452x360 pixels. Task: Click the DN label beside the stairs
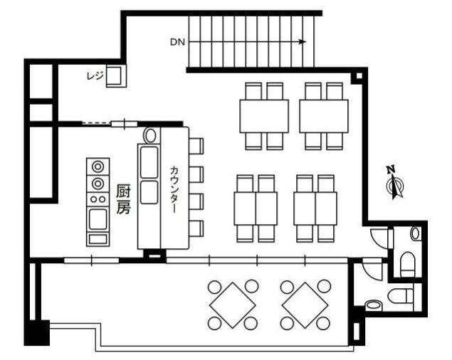point(177,43)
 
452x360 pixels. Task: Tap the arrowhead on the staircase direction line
point(303,42)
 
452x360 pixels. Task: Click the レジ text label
point(95,76)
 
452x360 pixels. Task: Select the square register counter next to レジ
point(116,76)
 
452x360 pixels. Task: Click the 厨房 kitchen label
point(123,199)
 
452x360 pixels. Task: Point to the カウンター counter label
point(174,189)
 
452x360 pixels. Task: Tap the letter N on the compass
point(391,169)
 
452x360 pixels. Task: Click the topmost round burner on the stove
point(98,166)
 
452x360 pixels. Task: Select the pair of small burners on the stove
point(98,199)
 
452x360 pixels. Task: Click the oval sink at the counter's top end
point(150,136)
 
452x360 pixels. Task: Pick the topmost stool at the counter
point(196,146)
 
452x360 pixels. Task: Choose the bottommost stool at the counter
point(196,228)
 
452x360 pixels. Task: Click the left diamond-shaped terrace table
point(232,305)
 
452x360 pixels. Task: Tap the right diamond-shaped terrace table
point(305,305)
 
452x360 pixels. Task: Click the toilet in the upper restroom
point(408,264)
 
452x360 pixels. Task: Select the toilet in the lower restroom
point(400,296)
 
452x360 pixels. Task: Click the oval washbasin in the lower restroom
point(373,305)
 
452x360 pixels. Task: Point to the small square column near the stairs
point(359,76)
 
